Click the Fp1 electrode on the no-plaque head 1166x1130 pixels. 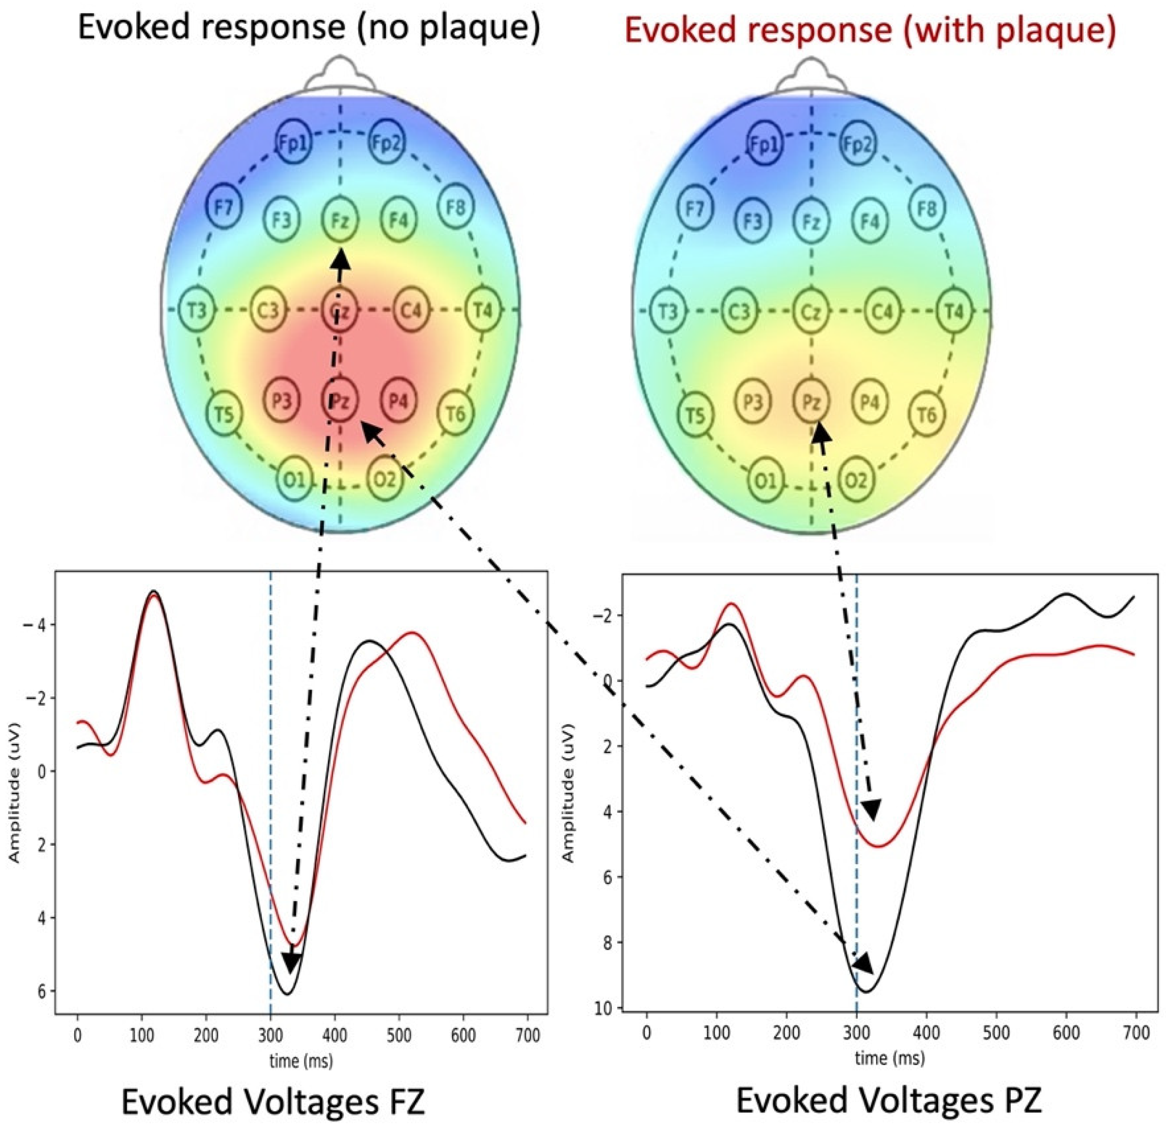click(x=294, y=143)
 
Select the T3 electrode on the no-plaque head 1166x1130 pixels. click(x=197, y=310)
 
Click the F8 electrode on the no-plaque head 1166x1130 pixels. click(x=456, y=207)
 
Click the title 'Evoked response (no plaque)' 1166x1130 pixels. click(x=309, y=29)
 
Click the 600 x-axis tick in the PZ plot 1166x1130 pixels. click(x=1066, y=1033)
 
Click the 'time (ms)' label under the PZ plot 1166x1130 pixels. click(x=890, y=1057)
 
